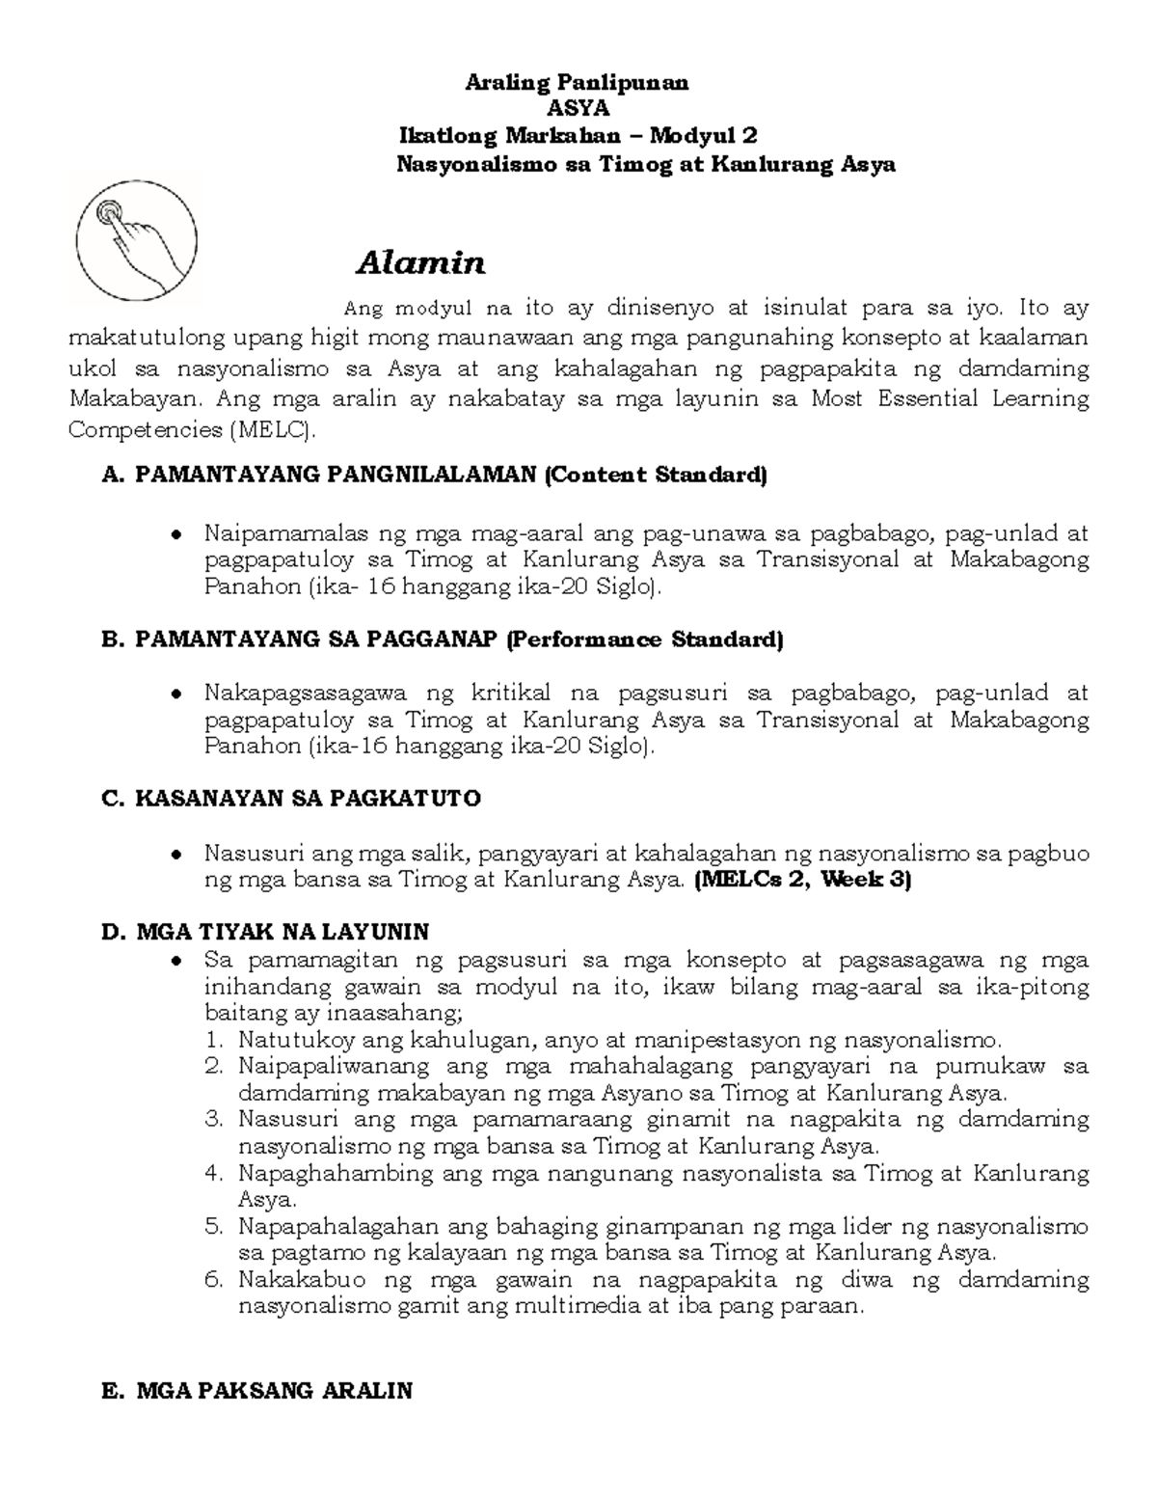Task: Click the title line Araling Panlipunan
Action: [577, 83]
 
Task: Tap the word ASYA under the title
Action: [578, 110]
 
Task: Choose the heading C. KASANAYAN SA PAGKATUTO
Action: [290, 799]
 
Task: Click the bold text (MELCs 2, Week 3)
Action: [802, 880]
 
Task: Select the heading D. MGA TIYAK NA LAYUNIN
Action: [265, 932]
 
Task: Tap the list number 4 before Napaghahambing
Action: [213, 1174]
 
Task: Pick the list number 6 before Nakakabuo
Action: [213, 1281]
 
